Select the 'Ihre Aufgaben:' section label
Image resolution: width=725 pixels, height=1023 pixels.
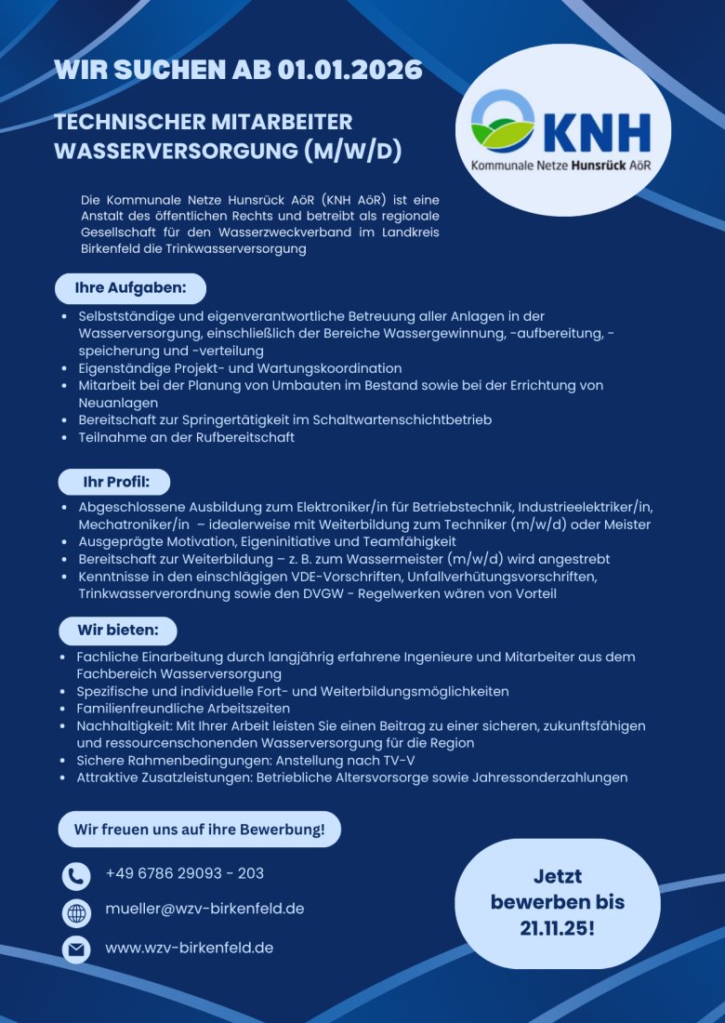(x=130, y=288)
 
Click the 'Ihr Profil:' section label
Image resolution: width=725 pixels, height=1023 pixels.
(x=114, y=483)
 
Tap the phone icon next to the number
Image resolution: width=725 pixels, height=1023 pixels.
(x=76, y=876)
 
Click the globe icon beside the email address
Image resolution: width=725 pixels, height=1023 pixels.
(x=76, y=912)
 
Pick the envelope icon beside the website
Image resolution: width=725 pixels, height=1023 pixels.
(x=76, y=950)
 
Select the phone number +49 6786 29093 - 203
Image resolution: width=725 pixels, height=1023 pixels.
(x=184, y=873)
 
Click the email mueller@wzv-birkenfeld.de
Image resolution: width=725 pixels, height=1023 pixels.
(x=204, y=909)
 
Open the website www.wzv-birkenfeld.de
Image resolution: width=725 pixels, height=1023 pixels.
(x=189, y=949)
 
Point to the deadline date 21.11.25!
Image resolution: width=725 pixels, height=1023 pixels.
(x=557, y=927)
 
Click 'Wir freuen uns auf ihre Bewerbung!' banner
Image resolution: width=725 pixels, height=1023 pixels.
(x=199, y=829)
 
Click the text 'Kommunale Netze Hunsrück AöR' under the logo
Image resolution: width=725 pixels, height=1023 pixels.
(x=560, y=164)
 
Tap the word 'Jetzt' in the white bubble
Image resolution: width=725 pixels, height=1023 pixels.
(x=557, y=876)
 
